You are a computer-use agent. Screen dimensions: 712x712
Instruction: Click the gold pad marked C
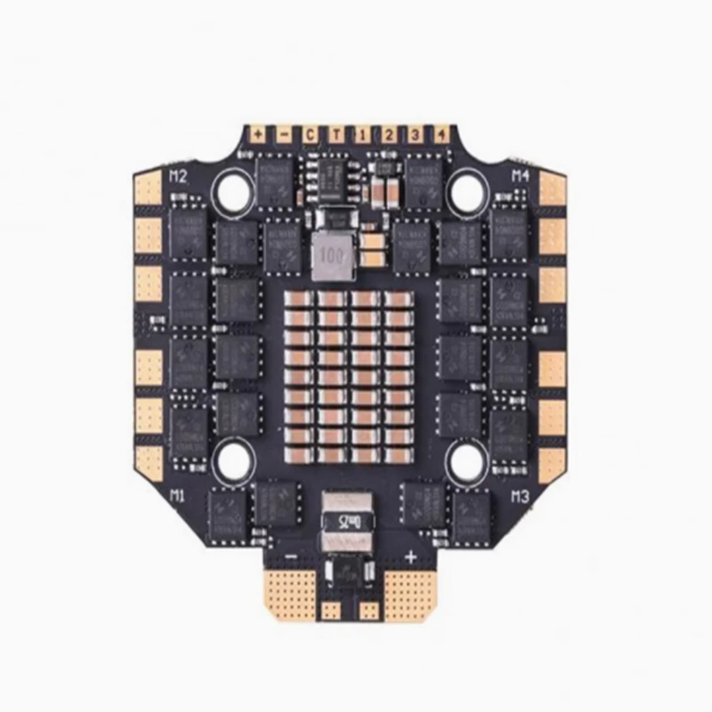click(310, 134)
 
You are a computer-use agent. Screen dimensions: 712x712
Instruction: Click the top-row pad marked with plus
click(258, 134)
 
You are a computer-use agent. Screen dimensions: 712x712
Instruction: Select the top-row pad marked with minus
click(284, 134)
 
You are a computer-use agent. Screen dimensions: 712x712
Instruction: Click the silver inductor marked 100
click(330, 254)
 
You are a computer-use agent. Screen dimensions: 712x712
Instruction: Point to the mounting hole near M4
click(465, 189)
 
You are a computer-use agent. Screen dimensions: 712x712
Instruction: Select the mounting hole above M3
click(465, 459)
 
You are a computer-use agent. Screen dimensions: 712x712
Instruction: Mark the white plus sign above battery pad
click(411, 558)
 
